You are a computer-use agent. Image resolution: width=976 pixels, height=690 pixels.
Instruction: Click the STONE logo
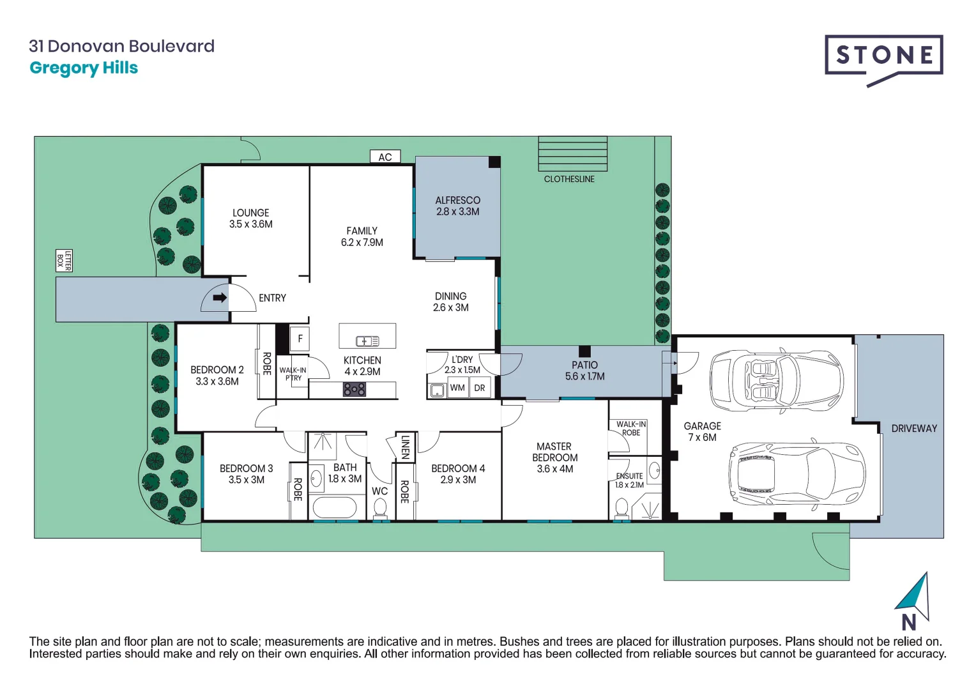pos(883,56)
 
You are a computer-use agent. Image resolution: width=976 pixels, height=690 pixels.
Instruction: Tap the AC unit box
pos(385,157)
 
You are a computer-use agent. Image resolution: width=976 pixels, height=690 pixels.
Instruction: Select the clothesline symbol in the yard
pos(572,153)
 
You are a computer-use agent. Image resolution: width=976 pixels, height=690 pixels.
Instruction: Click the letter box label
pos(64,261)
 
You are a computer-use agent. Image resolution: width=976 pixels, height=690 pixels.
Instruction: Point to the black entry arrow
pos(220,298)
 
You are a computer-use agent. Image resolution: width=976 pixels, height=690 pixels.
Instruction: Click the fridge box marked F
pos(300,339)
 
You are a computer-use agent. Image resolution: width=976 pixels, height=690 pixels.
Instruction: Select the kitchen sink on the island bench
pos(367,341)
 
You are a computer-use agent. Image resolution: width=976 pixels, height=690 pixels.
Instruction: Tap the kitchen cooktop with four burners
pos(355,389)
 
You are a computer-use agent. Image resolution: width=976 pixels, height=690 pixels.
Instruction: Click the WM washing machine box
pos(457,388)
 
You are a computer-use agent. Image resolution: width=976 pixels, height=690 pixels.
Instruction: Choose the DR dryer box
pos(480,388)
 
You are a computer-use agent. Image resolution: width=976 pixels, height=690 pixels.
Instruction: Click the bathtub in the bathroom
pos(333,509)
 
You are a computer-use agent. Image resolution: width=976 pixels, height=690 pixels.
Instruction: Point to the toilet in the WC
pos(380,509)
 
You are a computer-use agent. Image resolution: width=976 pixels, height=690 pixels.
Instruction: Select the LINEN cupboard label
pos(405,447)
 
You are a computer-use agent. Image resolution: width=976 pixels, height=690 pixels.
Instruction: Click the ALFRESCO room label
pos(457,200)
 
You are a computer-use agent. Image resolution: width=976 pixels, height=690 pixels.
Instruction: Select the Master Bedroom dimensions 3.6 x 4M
pos(554,469)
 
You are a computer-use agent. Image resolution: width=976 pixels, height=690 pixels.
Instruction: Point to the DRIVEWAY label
pos(914,428)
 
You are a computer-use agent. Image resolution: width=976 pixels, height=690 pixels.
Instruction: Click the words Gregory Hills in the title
pos(84,68)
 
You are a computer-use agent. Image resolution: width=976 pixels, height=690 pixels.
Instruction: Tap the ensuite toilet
pos(621,509)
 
